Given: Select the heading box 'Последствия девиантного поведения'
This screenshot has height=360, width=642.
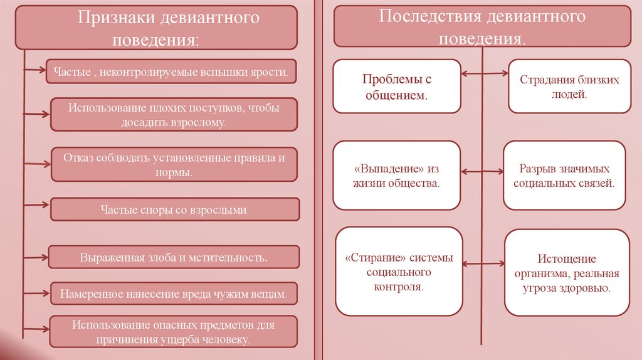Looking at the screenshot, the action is click(x=481, y=26).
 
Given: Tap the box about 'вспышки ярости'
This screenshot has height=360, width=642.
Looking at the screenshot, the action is click(x=171, y=73).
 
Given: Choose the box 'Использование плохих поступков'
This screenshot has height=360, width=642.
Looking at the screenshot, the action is click(x=174, y=114).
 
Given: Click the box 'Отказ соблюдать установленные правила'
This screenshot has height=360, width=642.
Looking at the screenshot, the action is click(x=174, y=164).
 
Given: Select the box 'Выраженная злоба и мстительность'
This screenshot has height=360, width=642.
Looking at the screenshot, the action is click(x=174, y=257).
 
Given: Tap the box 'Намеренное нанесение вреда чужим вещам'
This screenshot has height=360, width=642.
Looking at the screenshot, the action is click(x=174, y=293).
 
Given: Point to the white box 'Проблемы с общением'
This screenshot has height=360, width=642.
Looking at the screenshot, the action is click(x=397, y=87).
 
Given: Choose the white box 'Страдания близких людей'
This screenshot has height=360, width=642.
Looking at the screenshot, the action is click(x=569, y=87).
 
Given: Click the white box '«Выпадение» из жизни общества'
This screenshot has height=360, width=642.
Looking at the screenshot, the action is click(x=397, y=175).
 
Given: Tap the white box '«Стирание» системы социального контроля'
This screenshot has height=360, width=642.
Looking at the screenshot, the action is click(x=399, y=272).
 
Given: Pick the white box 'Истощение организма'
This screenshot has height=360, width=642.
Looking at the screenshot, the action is click(x=567, y=273).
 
